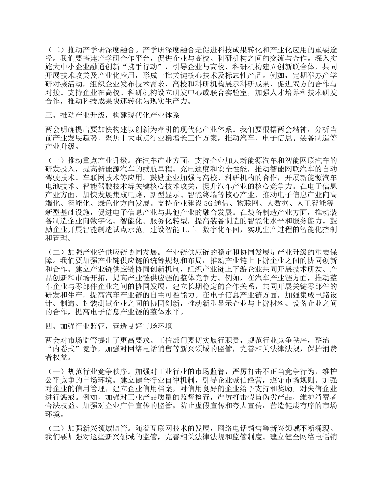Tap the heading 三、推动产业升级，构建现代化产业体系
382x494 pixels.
coord(112,115)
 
